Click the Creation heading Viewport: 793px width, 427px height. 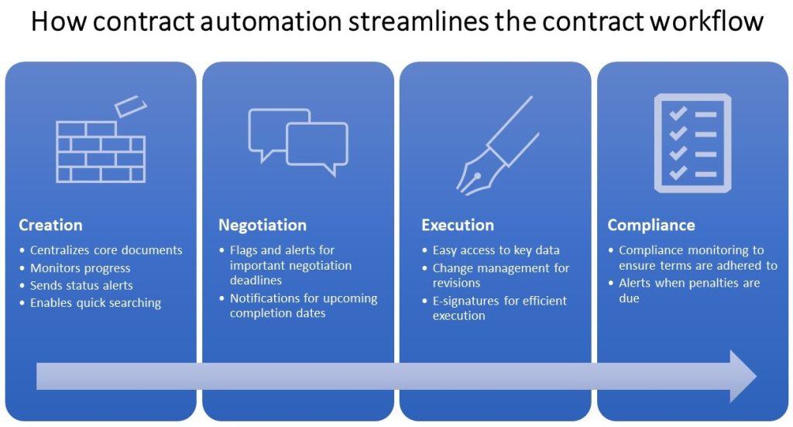[50, 226]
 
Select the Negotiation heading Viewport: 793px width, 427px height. [263, 226]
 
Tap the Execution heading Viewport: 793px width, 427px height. [458, 226]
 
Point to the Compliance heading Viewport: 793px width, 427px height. [651, 226]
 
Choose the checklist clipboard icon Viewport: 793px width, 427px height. [692, 143]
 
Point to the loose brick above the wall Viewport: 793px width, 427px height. [130, 107]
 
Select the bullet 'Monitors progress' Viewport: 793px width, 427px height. [80, 268]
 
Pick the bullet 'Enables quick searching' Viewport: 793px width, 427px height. [95, 303]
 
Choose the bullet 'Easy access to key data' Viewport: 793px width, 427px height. [496, 250]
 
